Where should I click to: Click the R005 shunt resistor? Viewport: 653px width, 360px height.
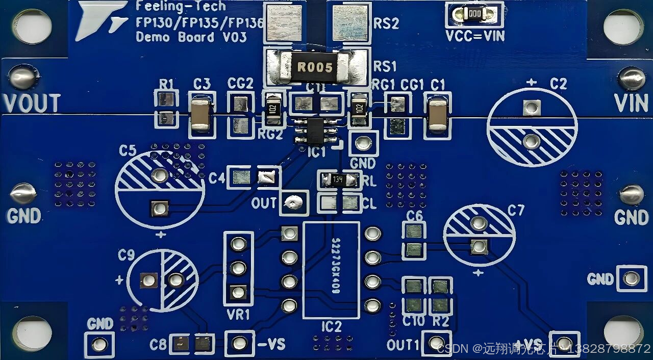pos(315,67)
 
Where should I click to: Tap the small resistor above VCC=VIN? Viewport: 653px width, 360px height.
pos(474,14)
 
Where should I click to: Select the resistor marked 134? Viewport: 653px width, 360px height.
pos(338,179)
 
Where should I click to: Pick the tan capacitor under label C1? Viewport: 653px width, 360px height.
pos(438,115)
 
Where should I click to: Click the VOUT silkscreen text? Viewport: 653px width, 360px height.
pos(32,104)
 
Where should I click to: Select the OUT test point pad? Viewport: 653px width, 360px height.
pos(293,203)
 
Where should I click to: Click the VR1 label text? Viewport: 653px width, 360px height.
pos(238,315)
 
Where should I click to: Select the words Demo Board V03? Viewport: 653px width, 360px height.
pos(191,37)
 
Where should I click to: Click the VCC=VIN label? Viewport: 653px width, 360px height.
pos(475,36)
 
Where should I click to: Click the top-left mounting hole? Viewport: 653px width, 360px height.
pos(32,25)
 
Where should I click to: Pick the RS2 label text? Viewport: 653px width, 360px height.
pos(386,24)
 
